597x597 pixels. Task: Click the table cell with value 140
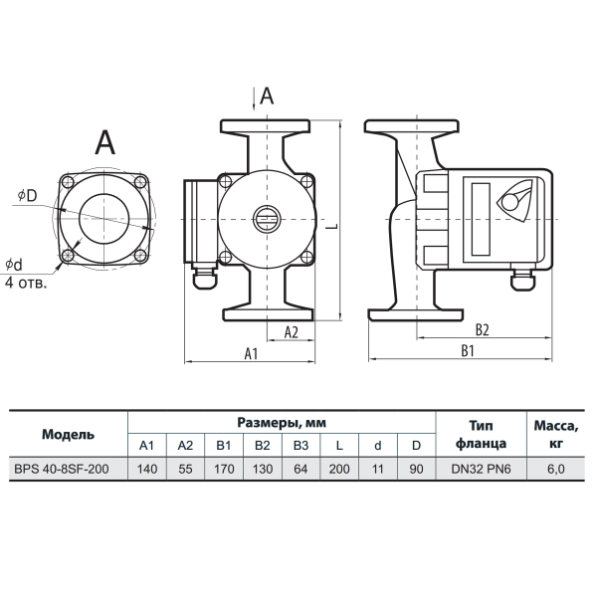[x=147, y=469]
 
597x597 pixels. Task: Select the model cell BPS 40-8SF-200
[x=62, y=469]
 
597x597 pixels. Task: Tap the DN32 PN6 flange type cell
[x=481, y=469]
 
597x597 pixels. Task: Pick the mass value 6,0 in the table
[x=556, y=469]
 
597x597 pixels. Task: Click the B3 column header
[x=300, y=445]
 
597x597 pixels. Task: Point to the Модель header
[x=68, y=434]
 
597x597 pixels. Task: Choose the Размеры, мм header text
[x=282, y=423]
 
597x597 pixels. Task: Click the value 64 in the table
[x=300, y=469]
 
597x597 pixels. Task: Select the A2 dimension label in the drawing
[x=292, y=332]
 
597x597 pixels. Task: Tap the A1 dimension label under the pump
[x=251, y=353]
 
